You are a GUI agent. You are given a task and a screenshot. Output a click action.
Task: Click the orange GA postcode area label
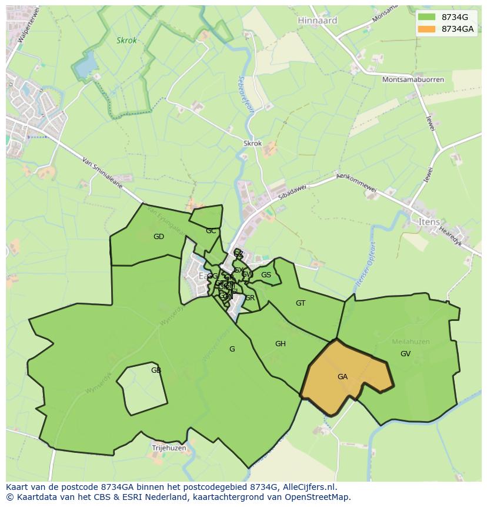[342, 377]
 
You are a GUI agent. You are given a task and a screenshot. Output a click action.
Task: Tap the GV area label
[405, 354]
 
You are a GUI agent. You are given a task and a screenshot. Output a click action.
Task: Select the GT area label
[301, 303]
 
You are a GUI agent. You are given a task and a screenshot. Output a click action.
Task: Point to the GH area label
[280, 344]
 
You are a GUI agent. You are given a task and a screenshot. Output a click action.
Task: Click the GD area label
[159, 237]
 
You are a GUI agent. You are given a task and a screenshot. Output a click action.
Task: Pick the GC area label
[211, 231]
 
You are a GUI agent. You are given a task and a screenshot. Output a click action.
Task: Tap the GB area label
[156, 370]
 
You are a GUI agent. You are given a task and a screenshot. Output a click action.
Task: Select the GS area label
[266, 275]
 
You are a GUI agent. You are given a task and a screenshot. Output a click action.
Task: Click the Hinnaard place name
[318, 20]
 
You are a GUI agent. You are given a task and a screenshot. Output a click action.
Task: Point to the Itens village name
[429, 222]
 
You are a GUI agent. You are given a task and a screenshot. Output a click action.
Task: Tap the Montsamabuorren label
[413, 79]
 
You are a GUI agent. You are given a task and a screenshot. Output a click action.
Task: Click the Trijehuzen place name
[169, 448]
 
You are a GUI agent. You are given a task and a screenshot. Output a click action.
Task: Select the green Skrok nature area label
[126, 41]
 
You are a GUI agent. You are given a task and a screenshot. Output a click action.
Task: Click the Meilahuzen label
[411, 342]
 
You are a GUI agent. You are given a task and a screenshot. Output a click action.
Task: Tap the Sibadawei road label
[292, 190]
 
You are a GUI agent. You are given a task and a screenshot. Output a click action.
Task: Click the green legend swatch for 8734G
[426, 17]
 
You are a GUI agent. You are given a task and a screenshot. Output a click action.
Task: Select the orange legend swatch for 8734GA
[426, 29]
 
